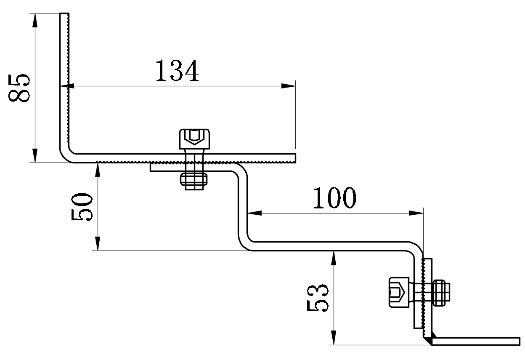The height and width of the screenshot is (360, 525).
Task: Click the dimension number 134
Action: pos(177,70)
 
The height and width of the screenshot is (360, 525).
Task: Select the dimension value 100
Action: pos(334,198)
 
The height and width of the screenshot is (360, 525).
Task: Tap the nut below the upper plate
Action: pos(194,180)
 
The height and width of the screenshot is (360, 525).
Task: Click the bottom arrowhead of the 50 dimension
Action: pos(98,244)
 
